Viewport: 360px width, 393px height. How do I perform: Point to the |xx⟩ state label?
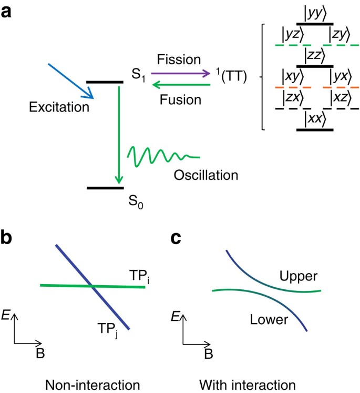pos(315,118)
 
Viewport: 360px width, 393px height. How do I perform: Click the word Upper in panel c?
pos(295,275)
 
